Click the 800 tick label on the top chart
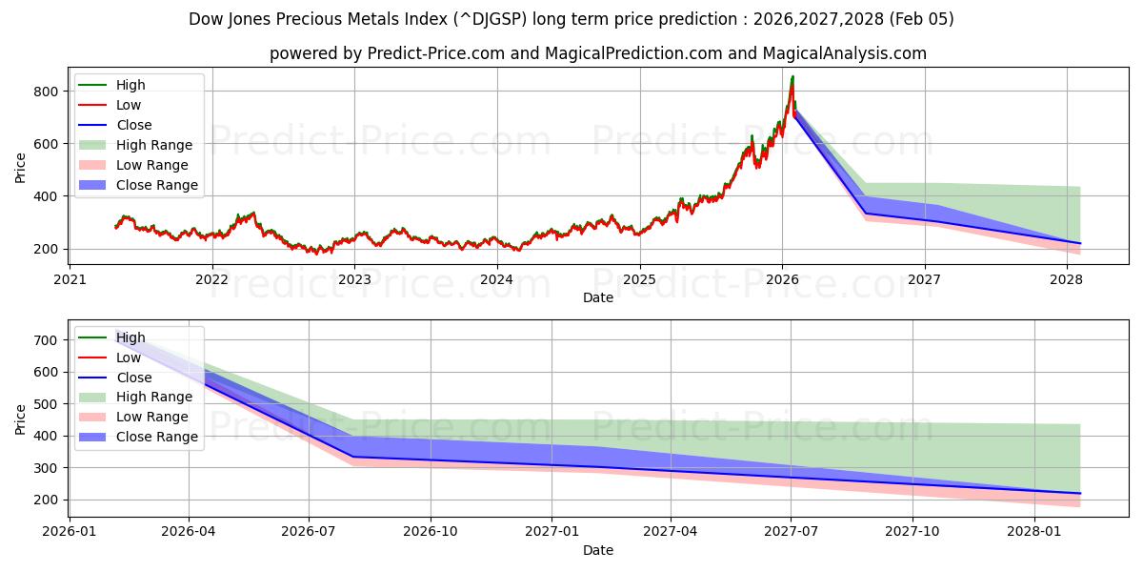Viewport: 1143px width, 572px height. [48, 92]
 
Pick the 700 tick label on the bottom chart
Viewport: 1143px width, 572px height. [48, 340]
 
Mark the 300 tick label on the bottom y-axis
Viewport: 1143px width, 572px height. [48, 468]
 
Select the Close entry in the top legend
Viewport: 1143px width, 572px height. [133, 125]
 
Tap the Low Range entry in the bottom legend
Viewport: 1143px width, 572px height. [152, 417]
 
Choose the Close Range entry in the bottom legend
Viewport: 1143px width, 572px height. [157, 437]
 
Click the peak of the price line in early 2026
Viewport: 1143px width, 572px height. [792, 76]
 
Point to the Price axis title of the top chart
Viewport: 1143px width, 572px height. [21, 167]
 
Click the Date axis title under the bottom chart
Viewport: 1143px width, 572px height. [598, 550]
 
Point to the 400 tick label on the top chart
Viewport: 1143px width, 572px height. [48, 196]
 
